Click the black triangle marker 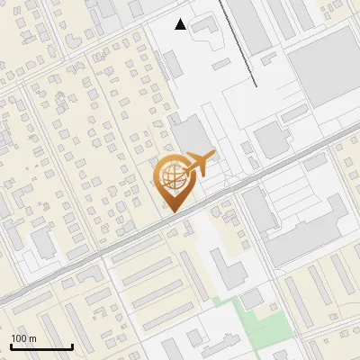pos(181,24)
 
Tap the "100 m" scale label pos(23,338)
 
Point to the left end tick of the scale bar pos(11,346)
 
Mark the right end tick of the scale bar pos(72,346)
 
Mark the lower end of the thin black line pos(256,87)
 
